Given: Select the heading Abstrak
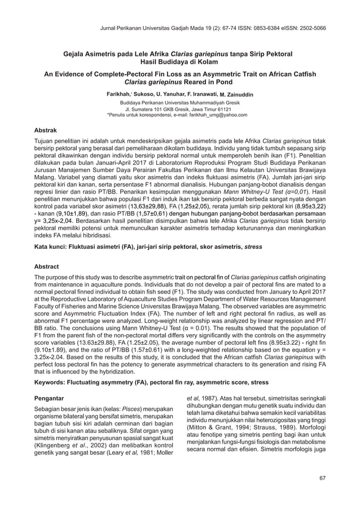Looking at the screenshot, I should click(47, 129).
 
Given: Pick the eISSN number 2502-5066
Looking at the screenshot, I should click(309, 27).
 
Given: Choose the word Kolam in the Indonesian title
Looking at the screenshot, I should click(199, 62).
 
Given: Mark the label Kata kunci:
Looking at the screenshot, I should click(54, 247).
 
